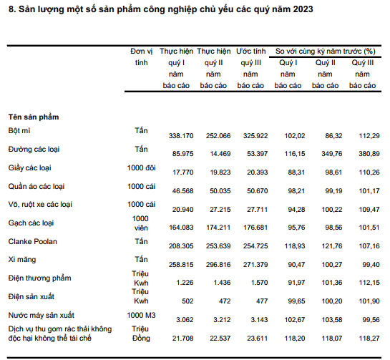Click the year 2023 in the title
[x=303, y=9]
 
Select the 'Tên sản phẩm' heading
[x=34, y=117]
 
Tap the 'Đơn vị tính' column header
[x=141, y=57]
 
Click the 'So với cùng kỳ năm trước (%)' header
[x=325, y=52]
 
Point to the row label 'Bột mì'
[x=19, y=130]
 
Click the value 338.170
[x=181, y=136]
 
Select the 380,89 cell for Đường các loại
[x=369, y=154]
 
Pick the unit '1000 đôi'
[x=141, y=168]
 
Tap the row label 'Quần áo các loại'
[x=36, y=186]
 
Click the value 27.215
[x=220, y=210]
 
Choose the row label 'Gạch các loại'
[x=31, y=223]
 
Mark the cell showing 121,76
[x=332, y=246]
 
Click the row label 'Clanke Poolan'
[x=33, y=242]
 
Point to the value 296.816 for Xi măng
[x=218, y=265]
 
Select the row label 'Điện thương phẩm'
[x=40, y=278]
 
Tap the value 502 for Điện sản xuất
[x=187, y=301]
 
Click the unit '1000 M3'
[x=141, y=315]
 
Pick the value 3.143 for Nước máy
[x=259, y=320]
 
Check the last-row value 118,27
[x=369, y=339]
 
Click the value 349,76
[x=332, y=154]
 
